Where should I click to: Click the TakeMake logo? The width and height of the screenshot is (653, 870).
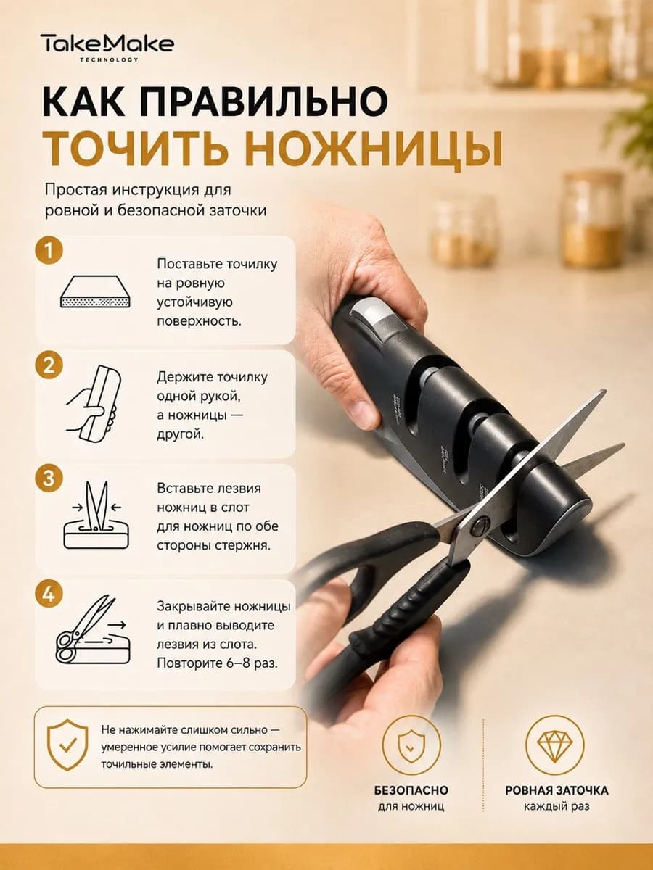coord(107,47)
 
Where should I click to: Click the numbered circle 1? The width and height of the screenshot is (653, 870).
coord(49,250)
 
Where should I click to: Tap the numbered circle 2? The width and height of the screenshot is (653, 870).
coord(49,365)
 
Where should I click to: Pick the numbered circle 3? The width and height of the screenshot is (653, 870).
coord(49,478)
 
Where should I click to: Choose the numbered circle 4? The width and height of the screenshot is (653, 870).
coord(49,594)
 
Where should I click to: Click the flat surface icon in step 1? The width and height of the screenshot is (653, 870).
coord(96,291)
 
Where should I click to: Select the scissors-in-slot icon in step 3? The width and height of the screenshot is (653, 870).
coord(96,515)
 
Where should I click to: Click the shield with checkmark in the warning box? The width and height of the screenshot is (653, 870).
coord(67,745)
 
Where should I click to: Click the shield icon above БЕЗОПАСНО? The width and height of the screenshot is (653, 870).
coord(411,745)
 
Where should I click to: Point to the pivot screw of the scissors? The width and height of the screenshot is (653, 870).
coord(480,526)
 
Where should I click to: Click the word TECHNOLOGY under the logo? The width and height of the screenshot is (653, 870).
coord(109,60)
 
